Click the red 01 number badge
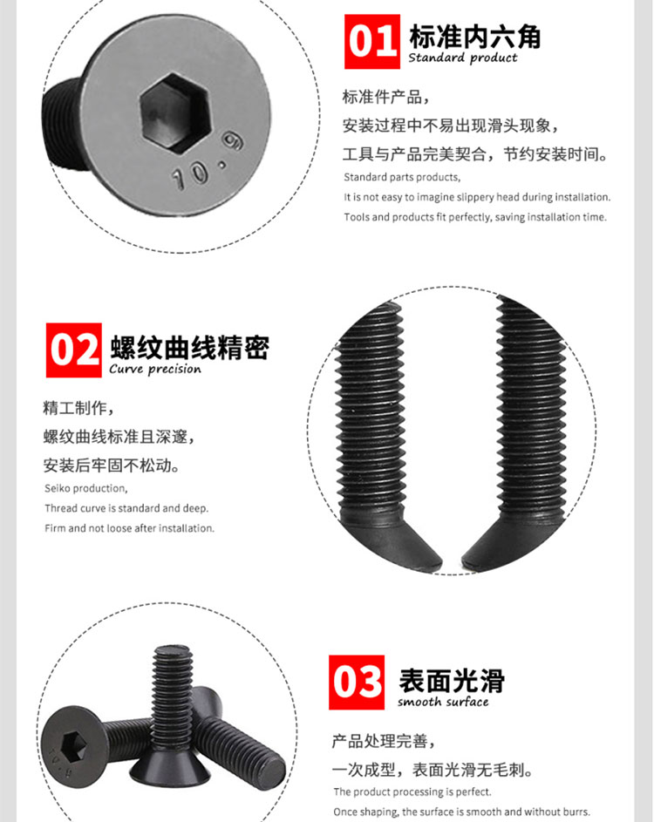371,42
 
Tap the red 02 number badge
73,350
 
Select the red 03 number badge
357,682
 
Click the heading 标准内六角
474,36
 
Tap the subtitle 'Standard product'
462,58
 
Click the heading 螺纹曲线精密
189,347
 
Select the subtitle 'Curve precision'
154,369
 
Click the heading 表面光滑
452,681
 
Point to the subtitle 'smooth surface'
443,702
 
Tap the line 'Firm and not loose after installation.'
130,528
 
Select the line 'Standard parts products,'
402,177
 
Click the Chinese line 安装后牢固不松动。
112,465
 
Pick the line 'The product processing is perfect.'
412,791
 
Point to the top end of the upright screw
173,650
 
